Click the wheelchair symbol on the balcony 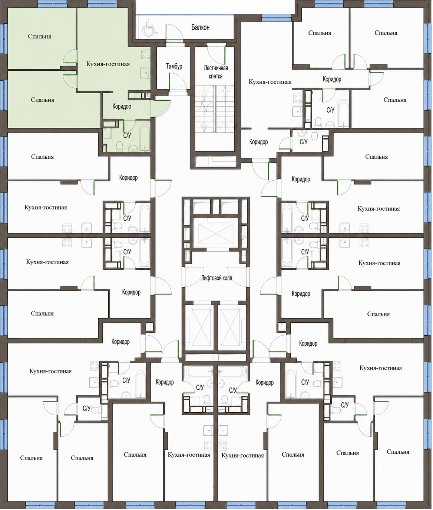pyautogui.click(x=150, y=27)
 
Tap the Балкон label pyautogui.click(x=201, y=27)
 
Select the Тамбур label pyautogui.click(x=174, y=66)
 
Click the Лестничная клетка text pyautogui.click(x=216, y=72)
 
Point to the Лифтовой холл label pyautogui.click(x=216, y=278)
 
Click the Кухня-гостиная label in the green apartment pyautogui.click(x=108, y=64)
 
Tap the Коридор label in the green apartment pyautogui.click(x=122, y=106)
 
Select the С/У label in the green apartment pyautogui.click(x=127, y=135)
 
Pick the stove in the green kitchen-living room pyautogui.click(x=146, y=54)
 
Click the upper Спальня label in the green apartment pyautogui.click(x=40, y=36)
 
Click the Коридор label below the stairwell pyautogui.click(x=258, y=142)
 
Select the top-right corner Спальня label pyautogui.click(x=386, y=33)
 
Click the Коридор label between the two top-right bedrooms pyautogui.click(x=332, y=79)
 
